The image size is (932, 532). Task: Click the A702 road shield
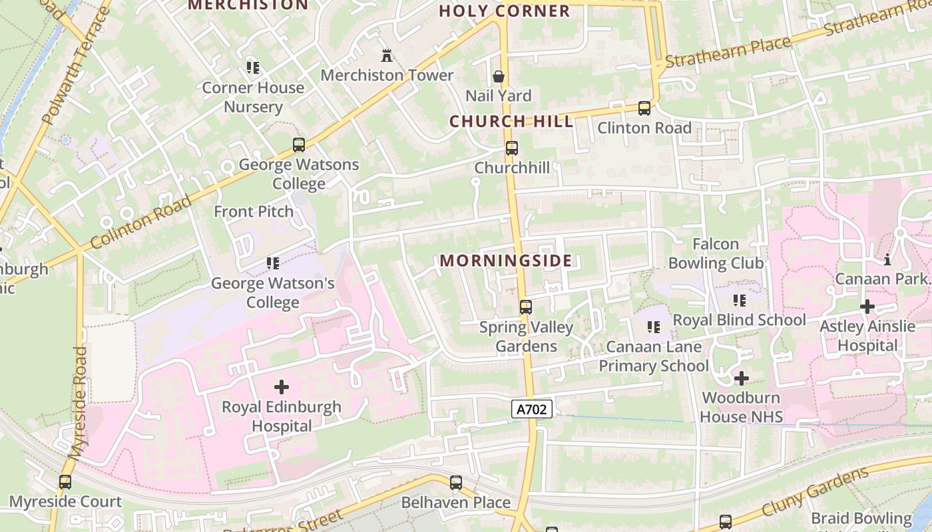pyautogui.click(x=532, y=409)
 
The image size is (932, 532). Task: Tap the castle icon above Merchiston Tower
pyautogui.click(x=386, y=55)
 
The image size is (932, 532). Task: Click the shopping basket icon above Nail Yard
pyautogui.click(x=498, y=76)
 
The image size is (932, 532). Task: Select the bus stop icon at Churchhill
pyautogui.click(x=511, y=148)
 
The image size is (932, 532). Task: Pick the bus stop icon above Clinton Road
pyautogui.click(x=644, y=108)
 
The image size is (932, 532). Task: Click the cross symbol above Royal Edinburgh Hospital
pyautogui.click(x=282, y=386)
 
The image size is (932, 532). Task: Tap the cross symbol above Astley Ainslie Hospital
pyautogui.click(x=867, y=307)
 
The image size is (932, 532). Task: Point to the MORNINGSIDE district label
pyautogui.click(x=506, y=261)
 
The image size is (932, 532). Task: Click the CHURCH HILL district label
pyautogui.click(x=511, y=122)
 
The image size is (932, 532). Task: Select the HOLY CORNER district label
pyautogui.click(x=505, y=11)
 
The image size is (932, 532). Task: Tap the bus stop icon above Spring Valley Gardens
pyautogui.click(x=525, y=307)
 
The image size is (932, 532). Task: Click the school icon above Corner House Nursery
pyautogui.click(x=252, y=67)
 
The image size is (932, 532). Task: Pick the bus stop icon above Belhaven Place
pyautogui.click(x=455, y=483)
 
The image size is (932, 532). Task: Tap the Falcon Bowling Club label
pyautogui.click(x=716, y=253)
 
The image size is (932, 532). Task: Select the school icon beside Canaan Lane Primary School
pyautogui.click(x=654, y=327)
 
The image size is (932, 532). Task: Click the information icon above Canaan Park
pyautogui.click(x=887, y=259)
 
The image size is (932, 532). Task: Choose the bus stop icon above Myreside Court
pyautogui.click(x=65, y=482)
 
